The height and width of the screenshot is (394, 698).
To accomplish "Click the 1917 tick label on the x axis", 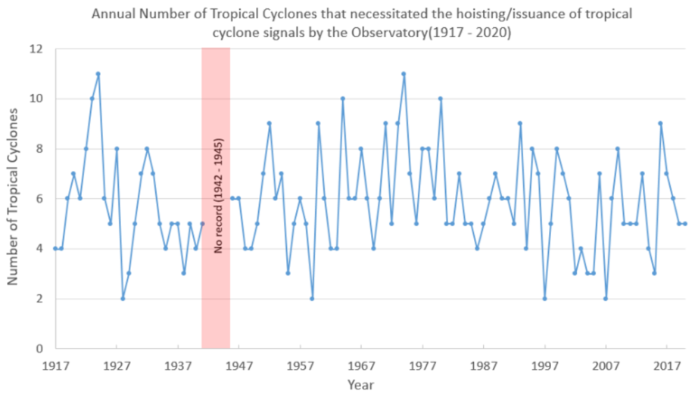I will coord(55,365).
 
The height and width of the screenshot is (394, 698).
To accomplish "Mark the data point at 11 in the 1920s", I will coord(98,74).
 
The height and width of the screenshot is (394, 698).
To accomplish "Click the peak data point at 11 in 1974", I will coord(404,74).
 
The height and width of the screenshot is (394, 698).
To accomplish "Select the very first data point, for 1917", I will coord(55,249).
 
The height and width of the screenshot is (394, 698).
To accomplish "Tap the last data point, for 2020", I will coord(685,224).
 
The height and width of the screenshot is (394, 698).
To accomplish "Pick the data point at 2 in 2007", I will coord(606,299).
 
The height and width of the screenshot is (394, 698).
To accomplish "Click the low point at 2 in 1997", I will coord(544,299).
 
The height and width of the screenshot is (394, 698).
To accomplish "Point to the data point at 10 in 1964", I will coord(343,99).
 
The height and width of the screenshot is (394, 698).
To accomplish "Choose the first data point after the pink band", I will coord(232,199).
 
